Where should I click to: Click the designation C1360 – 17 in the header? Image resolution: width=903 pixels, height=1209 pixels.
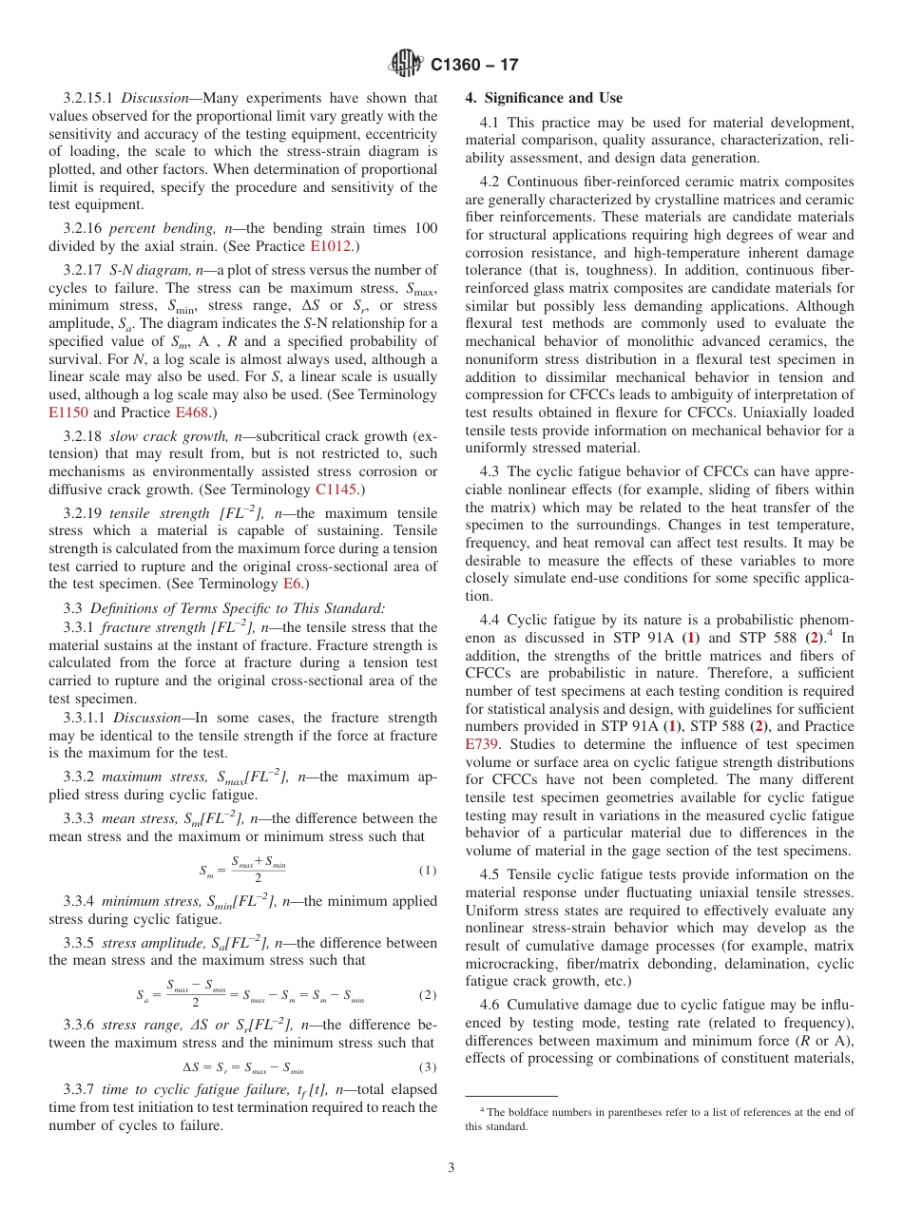click(x=474, y=65)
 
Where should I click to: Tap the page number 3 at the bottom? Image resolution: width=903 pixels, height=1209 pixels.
click(x=451, y=1167)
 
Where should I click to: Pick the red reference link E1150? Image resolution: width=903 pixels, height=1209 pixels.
click(x=67, y=413)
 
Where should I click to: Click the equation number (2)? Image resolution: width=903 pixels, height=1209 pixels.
click(x=427, y=995)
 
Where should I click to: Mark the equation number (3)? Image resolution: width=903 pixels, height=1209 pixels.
click(x=427, y=1067)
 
